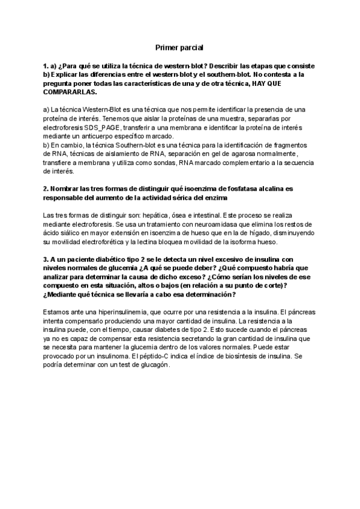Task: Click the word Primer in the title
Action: (167, 47)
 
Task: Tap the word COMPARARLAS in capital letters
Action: (70, 93)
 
